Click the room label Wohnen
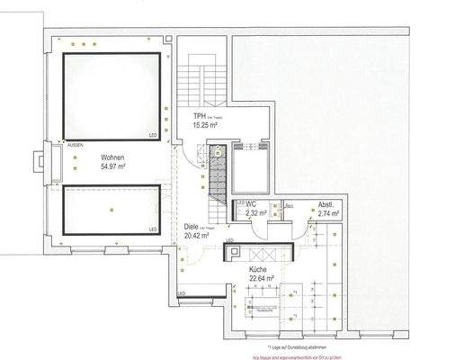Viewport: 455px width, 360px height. coord(112,157)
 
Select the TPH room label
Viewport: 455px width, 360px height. coord(199,117)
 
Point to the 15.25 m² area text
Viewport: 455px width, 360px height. coord(207,128)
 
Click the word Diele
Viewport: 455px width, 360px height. coord(191,228)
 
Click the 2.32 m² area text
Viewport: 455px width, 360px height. coord(257,215)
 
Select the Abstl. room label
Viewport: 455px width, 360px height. coord(327,206)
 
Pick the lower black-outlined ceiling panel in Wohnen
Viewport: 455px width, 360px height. coord(111,208)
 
